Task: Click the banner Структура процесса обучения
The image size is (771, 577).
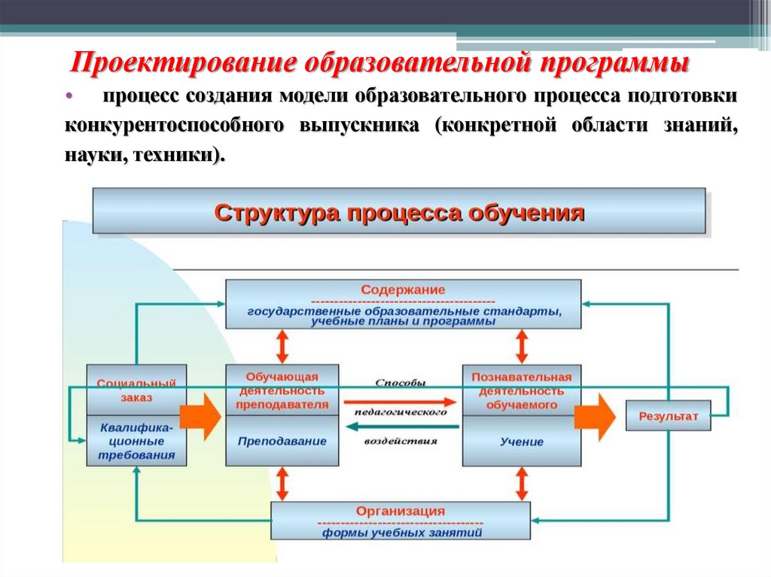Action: click(399, 211)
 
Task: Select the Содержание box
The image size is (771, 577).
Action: click(403, 304)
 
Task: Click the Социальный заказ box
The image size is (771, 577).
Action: click(136, 390)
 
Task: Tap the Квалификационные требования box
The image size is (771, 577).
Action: click(136, 441)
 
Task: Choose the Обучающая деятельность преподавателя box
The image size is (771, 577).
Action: click(282, 390)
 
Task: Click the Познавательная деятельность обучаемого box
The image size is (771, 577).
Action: click(521, 390)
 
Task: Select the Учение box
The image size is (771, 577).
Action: click(521, 442)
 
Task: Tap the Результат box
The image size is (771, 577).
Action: click(668, 415)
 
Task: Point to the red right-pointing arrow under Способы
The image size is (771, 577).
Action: click(401, 401)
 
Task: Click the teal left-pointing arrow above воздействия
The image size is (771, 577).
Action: click(401, 427)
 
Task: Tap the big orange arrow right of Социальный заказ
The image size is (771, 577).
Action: click(202, 415)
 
